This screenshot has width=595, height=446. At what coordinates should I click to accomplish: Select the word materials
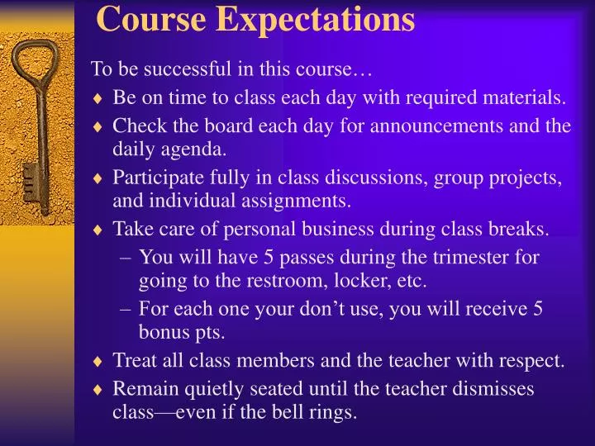click(x=527, y=97)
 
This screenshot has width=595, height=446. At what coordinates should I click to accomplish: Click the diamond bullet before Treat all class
click(x=98, y=361)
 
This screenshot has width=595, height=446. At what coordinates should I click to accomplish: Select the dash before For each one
click(x=125, y=309)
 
